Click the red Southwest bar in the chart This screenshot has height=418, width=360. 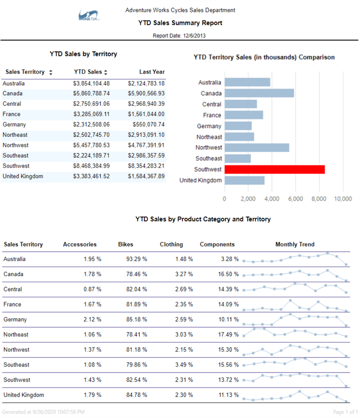[274, 169]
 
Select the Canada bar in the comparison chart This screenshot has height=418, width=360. [259, 93]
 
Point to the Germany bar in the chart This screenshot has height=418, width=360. [238, 126]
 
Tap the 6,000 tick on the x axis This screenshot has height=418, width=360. [295, 199]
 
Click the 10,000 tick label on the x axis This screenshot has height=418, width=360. [342, 199]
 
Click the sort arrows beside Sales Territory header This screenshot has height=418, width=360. [50, 72]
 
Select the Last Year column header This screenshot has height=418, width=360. [152, 72]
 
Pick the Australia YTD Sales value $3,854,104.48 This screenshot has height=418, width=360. [91, 83]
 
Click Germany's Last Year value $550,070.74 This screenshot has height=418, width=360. [149, 124]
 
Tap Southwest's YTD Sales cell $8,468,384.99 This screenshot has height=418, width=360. [91, 166]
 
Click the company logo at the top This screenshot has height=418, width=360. [89, 16]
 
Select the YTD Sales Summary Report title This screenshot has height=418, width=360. [180, 23]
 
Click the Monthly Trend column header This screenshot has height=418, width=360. [294, 244]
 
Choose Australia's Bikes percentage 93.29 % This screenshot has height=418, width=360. [136, 259]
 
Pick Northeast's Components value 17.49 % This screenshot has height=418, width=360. [219, 335]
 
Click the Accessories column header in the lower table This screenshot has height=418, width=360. [79, 244]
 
